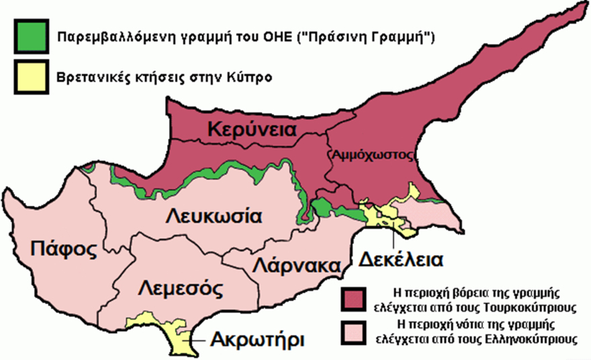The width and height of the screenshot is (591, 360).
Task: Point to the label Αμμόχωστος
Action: pyautogui.click(x=370, y=154)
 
